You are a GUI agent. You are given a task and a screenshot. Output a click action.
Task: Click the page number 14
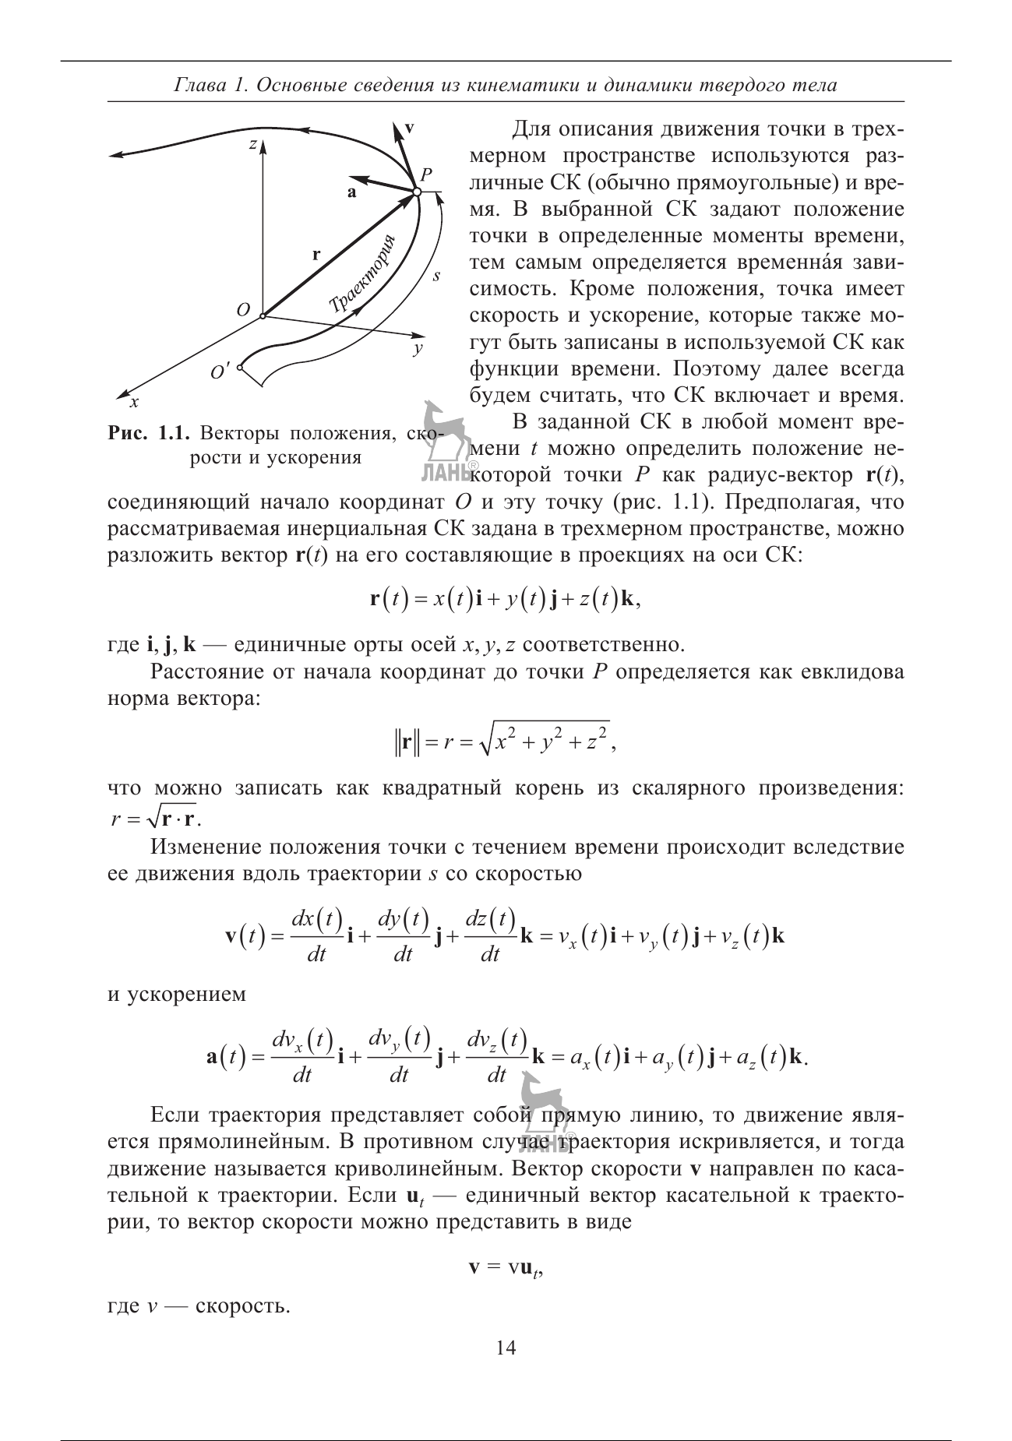pos(506,1348)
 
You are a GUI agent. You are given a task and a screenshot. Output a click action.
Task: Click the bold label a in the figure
pos(351,192)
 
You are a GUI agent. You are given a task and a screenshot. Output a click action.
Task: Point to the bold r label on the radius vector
pos(316,254)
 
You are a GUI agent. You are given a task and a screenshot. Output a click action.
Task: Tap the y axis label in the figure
pos(418,350)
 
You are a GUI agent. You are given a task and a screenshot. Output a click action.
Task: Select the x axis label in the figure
pos(134,402)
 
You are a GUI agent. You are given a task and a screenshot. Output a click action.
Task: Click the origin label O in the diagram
pos(243,310)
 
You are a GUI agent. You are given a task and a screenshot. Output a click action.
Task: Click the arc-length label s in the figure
pos(436,275)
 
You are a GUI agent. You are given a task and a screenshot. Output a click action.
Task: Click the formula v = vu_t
pos(505,1267)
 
